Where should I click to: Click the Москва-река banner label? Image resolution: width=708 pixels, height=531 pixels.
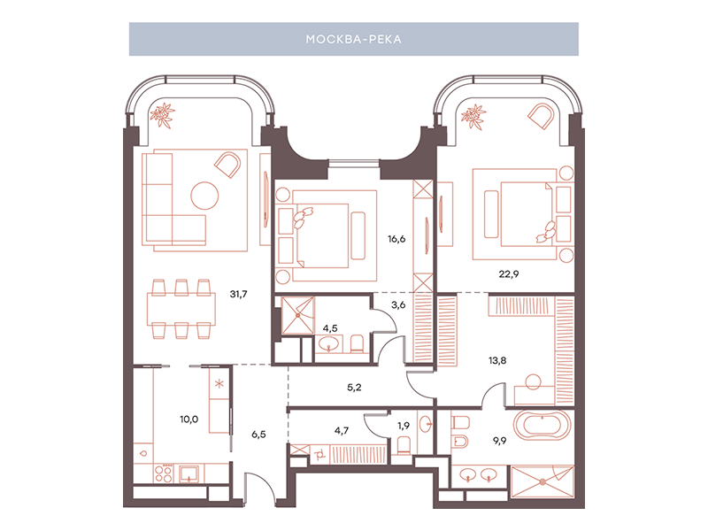coord(353,39)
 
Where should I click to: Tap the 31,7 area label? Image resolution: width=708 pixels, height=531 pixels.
coord(238,294)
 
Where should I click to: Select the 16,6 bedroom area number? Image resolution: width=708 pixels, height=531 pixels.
coord(396,239)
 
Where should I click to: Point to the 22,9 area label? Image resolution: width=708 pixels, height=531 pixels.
coord(508,273)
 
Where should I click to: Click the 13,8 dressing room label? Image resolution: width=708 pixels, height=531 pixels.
coord(497,360)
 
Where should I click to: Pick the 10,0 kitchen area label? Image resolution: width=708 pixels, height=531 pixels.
coord(189,419)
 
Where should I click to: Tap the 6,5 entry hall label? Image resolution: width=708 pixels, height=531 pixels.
coord(258,435)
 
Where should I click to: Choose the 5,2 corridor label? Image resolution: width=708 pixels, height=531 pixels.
coord(354,387)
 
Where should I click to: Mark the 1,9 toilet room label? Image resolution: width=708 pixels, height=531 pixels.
coord(404,426)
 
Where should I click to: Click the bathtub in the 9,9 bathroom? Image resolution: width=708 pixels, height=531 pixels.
coord(542,425)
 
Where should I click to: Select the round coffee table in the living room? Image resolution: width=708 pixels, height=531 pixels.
coord(204,196)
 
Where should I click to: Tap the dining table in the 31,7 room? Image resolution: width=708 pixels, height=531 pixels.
coord(181,309)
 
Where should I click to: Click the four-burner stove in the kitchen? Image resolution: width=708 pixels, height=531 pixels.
coord(164,473)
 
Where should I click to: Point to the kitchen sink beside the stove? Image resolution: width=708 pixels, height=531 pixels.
coord(189,473)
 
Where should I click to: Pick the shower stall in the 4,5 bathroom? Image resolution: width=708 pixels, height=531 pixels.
coord(297,315)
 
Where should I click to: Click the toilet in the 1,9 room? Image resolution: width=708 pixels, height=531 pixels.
coord(404,446)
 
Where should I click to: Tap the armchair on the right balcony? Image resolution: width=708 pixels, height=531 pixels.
coord(541,116)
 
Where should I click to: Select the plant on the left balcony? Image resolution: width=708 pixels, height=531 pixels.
coord(163,114)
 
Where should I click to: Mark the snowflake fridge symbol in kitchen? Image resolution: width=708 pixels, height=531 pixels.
coord(219,384)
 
